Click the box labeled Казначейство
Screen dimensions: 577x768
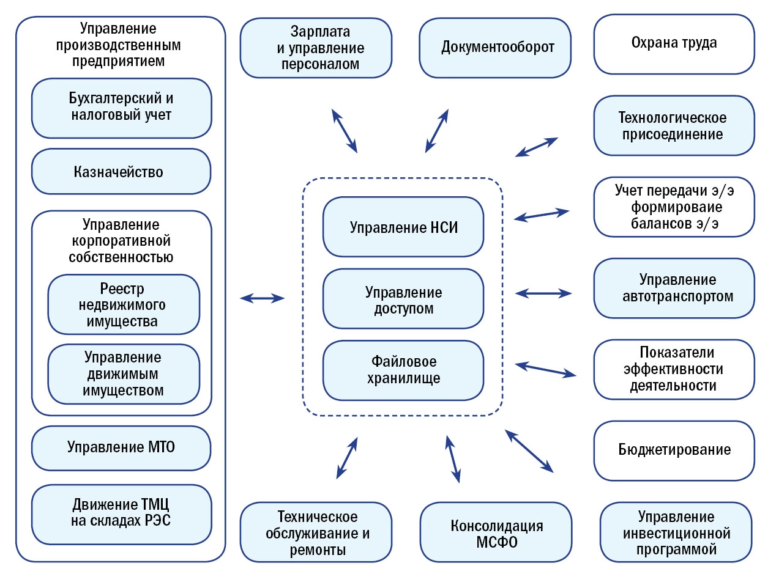point(121,172)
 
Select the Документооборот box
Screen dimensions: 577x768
point(498,47)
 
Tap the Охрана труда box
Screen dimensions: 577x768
point(673,43)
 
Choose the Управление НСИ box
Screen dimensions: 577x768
point(404,227)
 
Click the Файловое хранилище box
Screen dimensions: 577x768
point(404,370)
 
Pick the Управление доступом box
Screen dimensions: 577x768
point(404,300)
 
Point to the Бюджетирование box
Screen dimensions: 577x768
point(673,450)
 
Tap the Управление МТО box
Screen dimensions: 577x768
point(121,447)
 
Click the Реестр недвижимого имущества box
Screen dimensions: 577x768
point(124,304)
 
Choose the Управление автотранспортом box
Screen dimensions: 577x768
point(673,288)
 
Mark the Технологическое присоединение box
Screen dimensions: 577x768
point(673,125)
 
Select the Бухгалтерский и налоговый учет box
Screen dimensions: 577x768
point(121,106)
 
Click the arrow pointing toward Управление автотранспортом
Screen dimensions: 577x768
point(544,293)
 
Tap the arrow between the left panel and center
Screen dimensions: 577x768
point(262,298)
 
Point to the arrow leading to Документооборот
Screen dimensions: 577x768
point(437,130)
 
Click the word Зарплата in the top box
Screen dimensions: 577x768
point(314,31)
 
